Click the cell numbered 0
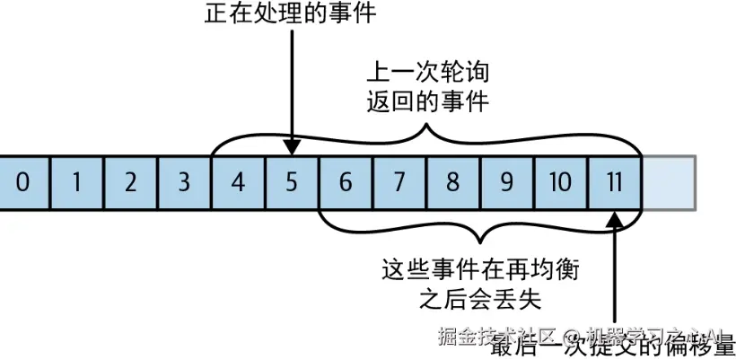click(22, 183)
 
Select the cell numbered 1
click(76, 183)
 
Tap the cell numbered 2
click(130, 183)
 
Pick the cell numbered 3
click(184, 183)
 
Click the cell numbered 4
click(238, 183)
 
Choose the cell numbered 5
click(292, 183)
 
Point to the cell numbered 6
click(346, 183)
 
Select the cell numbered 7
click(399, 183)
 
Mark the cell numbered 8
click(453, 183)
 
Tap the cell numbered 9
click(507, 183)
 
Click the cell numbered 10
click(561, 183)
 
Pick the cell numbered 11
click(615, 183)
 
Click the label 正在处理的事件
click(290, 15)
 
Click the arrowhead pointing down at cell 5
click(292, 147)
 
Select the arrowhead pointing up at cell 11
click(616, 217)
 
